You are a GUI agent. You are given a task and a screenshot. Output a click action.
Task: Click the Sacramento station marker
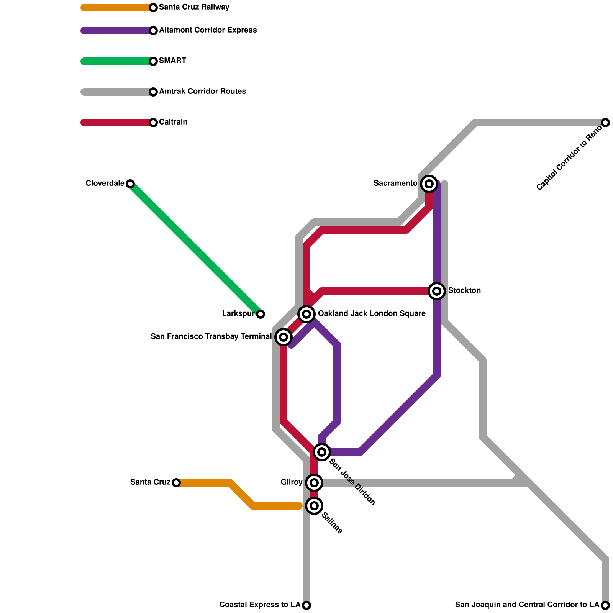(429, 184)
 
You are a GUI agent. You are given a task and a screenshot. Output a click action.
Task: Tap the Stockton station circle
(437, 291)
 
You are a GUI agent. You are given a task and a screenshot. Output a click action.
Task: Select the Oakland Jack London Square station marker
(306, 314)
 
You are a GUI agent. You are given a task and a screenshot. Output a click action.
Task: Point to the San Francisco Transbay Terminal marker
(284, 337)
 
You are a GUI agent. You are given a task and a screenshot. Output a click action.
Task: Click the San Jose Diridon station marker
(322, 452)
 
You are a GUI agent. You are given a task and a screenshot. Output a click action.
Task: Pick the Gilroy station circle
(314, 483)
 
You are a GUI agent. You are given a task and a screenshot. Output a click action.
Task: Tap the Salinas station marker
(314, 506)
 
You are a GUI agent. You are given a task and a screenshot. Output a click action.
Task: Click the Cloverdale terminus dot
(130, 184)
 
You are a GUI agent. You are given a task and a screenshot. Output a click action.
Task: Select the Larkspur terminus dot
(261, 314)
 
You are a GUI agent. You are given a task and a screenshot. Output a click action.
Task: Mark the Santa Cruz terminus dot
(176, 483)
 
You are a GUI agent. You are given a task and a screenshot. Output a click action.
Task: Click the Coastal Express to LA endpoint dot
(306, 605)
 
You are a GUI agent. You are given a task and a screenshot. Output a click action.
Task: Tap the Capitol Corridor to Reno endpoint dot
(605, 123)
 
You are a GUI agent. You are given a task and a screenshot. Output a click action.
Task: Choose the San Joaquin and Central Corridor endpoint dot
(605, 605)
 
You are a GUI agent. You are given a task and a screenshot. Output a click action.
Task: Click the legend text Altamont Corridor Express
(208, 30)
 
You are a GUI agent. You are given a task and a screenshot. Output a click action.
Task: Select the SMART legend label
(172, 61)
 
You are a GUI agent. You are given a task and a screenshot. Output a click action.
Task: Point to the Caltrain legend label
(173, 122)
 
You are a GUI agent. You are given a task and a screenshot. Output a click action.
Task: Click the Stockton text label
(464, 291)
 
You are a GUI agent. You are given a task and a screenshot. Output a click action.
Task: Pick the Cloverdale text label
(105, 184)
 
